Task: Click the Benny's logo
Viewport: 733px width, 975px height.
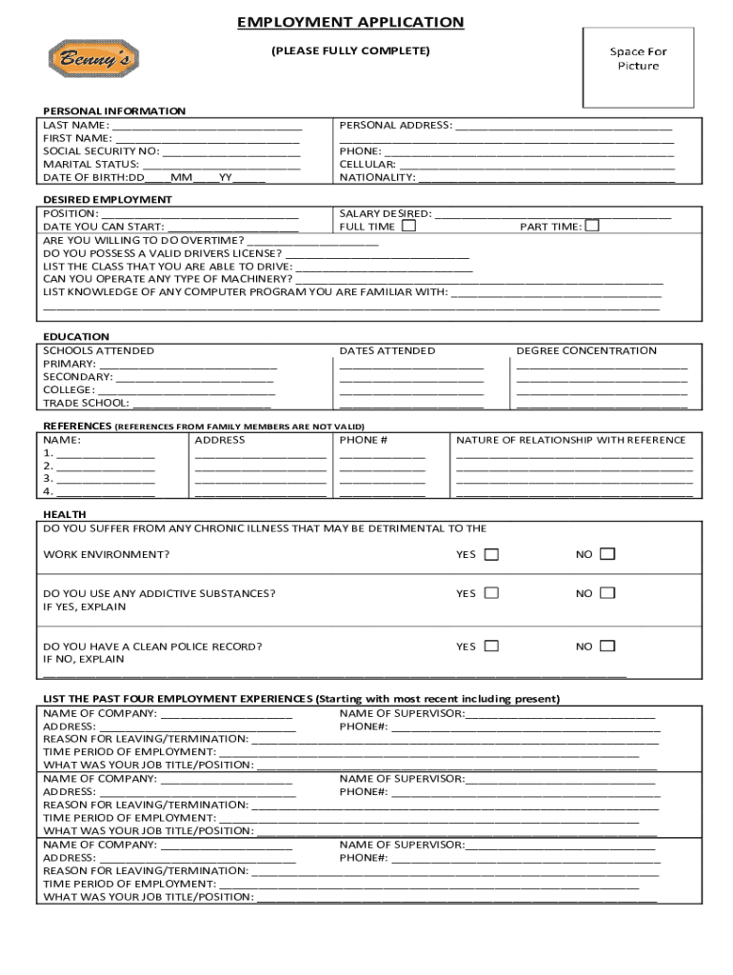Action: click(x=93, y=58)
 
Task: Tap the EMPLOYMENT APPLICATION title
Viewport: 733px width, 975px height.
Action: click(x=350, y=22)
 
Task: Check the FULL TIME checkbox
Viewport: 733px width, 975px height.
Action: click(x=408, y=227)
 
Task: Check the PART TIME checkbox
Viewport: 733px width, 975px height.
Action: click(x=592, y=226)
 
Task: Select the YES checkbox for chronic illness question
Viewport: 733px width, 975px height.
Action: click(x=491, y=554)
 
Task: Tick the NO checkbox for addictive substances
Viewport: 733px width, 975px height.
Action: click(x=607, y=593)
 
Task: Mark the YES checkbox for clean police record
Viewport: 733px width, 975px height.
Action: click(x=491, y=646)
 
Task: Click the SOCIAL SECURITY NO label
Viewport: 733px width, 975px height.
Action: click(x=101, y=150)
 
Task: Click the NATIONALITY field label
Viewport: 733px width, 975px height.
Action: click(x=378, y=177)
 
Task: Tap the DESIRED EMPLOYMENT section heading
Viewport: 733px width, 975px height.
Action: click(x=108, y=199)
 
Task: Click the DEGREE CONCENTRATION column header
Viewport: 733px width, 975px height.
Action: click(x=586, y=350)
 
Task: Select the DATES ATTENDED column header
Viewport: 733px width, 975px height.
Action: click(x=387, y=350)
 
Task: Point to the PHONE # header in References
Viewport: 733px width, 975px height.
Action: click(x=364, y=440)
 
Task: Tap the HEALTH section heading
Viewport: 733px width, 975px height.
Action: click(x=64, y=514)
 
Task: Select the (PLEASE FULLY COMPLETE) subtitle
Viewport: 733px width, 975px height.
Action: click(x=350, y=50)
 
